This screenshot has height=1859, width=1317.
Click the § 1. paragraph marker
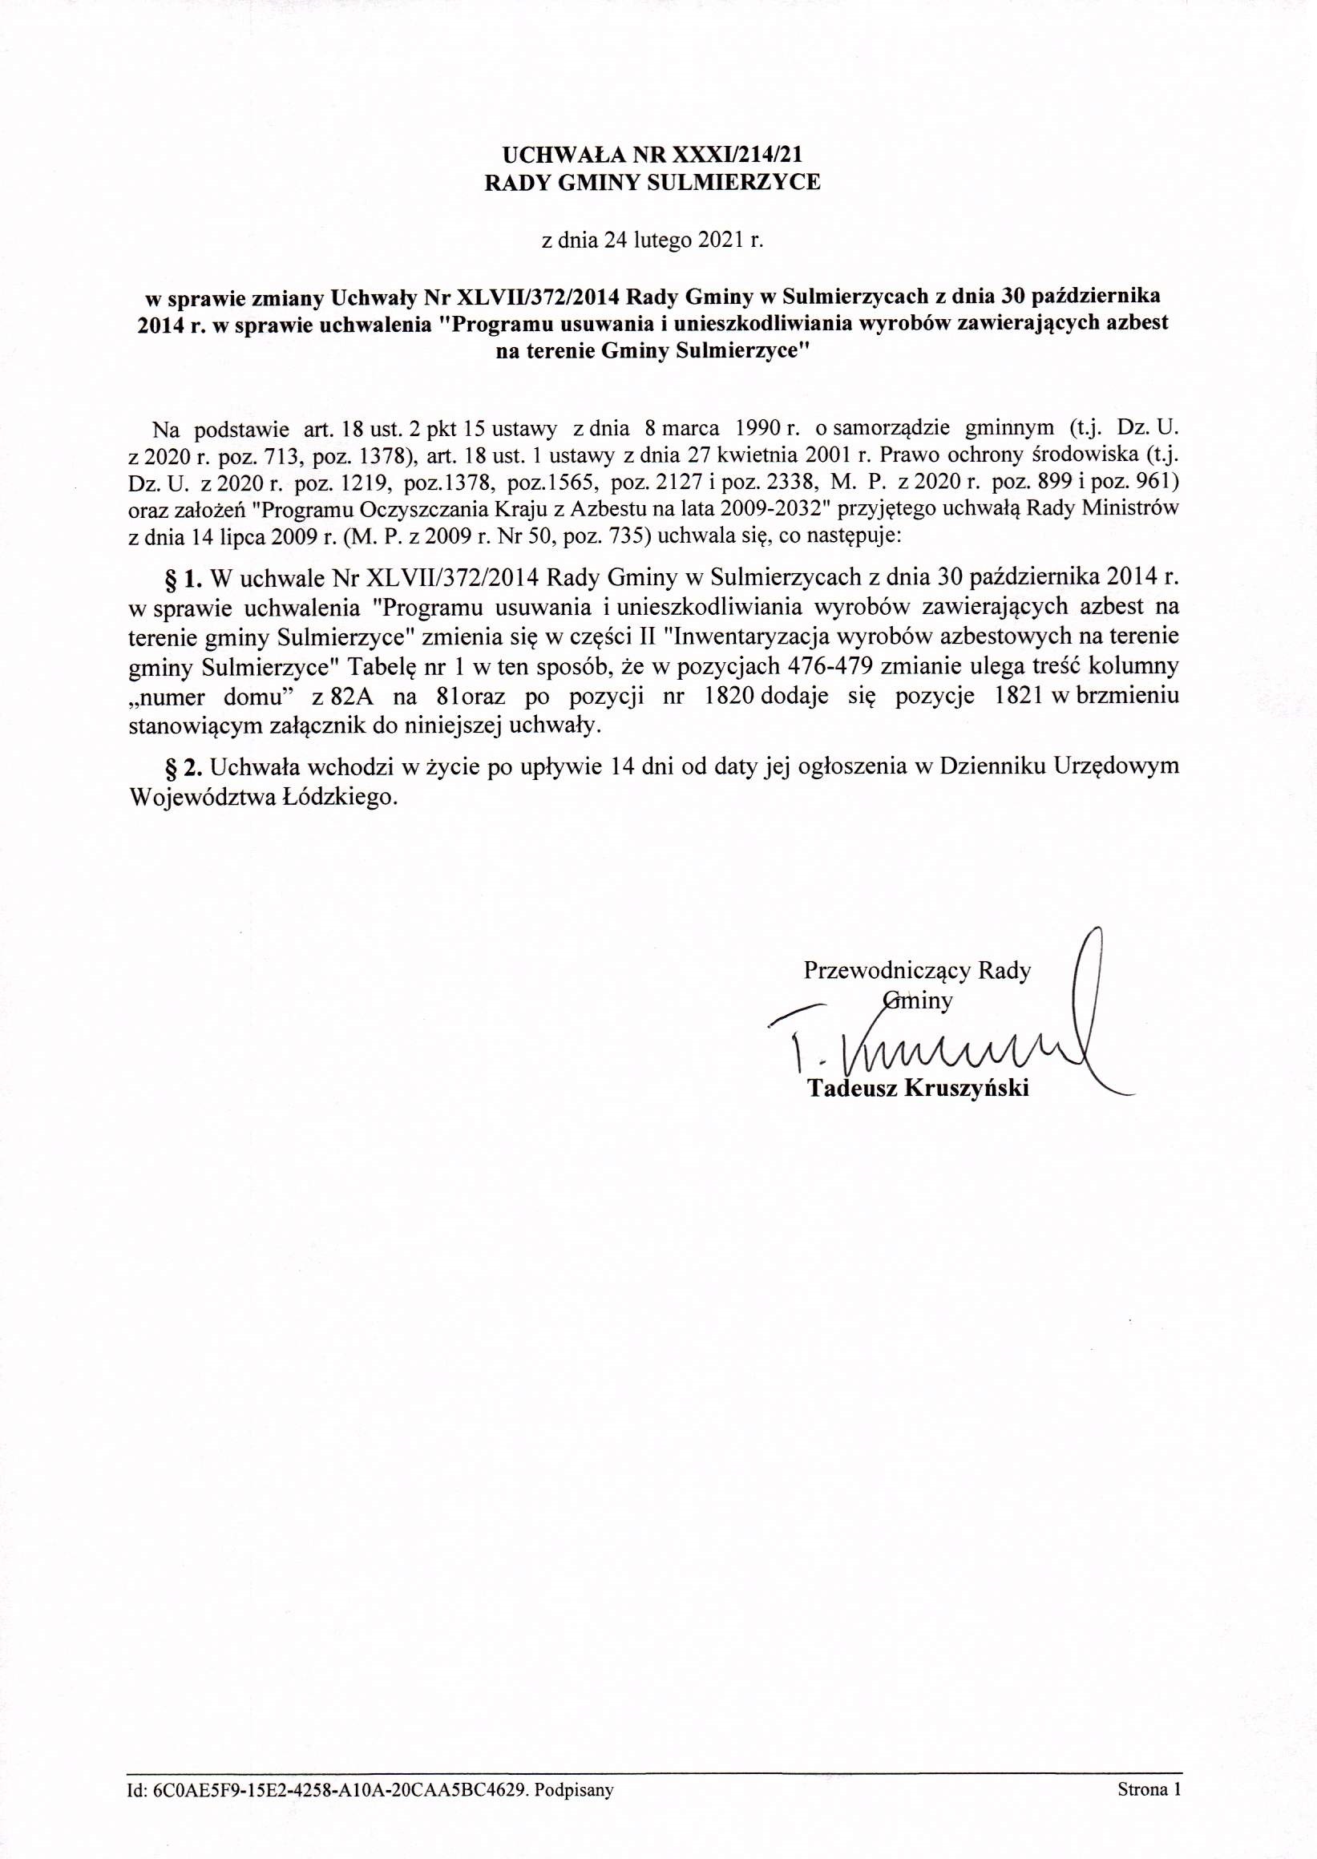pos(182,577)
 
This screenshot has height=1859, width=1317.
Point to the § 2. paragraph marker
pos(182,766)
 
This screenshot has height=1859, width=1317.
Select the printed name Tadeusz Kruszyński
pos(918,1089)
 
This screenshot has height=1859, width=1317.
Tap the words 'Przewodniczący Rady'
pos(917,971)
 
